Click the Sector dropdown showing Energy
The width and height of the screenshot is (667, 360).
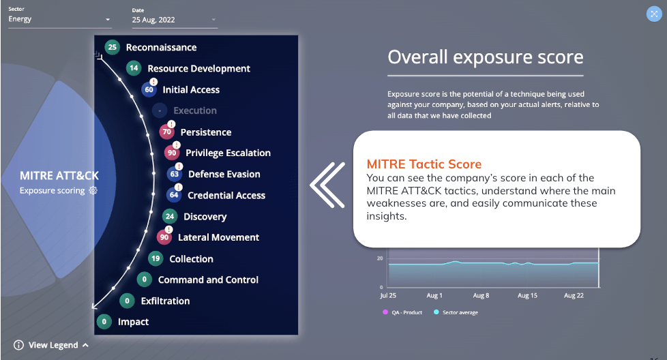coord(59,19)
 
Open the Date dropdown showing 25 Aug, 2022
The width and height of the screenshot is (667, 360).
coord(175,20)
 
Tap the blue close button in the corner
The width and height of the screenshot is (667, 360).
coord(654,14)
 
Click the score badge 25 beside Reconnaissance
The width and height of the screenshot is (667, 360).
coord(113,47)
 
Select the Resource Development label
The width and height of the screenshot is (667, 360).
coord(198,68)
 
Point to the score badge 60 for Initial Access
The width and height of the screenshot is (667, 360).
coord(149,90)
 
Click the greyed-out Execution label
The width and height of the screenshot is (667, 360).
coord(195,110)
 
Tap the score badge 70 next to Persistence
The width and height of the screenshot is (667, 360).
coord(166,132)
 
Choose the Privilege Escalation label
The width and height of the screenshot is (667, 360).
coord(228,153)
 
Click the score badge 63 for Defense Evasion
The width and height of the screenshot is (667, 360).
coord(175,174)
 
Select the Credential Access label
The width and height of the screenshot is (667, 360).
coord(226,195)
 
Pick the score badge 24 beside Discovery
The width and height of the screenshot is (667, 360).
coord(170,216)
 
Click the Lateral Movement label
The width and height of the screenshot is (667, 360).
coord(218,237)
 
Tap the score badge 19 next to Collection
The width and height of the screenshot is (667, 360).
coord(155,258)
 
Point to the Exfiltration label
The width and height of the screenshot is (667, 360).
coord(165,301)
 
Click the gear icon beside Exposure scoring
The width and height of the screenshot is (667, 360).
coord(93,190)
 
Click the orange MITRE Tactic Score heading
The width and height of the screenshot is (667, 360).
coord(424,164)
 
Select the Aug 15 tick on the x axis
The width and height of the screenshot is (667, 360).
coord(527,295)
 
